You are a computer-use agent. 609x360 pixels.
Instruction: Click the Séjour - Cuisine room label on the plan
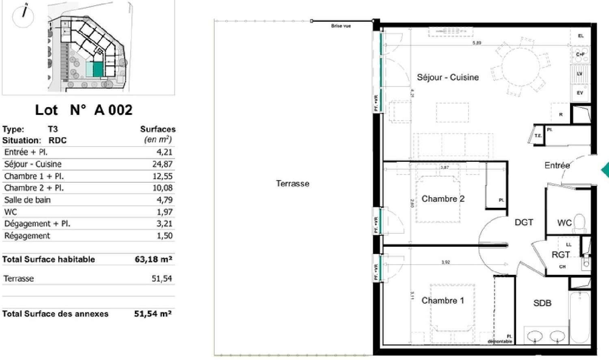(447, 77)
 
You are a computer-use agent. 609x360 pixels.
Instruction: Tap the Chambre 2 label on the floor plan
(443, 198)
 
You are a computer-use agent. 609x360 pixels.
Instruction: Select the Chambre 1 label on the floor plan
(442, 300)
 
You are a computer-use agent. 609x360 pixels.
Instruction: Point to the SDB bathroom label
(542, 303)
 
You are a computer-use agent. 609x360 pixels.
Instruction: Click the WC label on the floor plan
(564, 222)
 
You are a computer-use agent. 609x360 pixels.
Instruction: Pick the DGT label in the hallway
(524, 222)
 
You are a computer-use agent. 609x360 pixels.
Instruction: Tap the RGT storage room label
(560, 254)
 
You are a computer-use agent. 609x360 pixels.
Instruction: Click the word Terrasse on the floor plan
(292, 183)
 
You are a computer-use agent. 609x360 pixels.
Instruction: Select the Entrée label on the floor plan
(557, 165)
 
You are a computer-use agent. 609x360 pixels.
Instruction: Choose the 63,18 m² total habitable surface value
(153, 259)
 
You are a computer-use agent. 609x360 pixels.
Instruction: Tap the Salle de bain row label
(27, 200)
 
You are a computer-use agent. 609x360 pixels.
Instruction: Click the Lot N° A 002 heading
(84, 110)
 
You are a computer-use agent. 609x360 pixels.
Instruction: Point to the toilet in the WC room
(580, 223)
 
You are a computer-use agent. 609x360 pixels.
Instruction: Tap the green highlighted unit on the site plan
(98, 69)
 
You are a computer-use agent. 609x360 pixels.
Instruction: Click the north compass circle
(23, 17)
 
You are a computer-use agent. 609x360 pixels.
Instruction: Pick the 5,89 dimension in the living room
(477, 43)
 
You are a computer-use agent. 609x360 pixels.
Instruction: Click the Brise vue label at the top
(341, 26)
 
